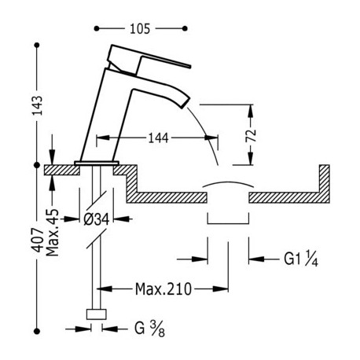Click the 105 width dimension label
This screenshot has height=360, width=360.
pos(140,28)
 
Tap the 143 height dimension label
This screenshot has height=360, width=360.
pos(37,105)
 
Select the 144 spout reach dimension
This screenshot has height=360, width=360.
pos(158,138)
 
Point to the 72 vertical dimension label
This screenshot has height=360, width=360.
pos(251,135)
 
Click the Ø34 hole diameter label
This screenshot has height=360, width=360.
pos(96,219)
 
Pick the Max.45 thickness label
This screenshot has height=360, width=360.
pos(53,233)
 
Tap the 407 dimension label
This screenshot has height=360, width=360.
pos(38,240)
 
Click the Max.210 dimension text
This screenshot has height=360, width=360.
pos(163,289)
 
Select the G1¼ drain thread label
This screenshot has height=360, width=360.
pos(301,259)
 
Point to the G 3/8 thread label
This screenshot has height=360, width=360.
pos(149,329)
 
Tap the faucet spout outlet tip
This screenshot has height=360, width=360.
pos(185,102)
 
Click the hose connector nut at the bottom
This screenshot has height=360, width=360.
pos(97,314)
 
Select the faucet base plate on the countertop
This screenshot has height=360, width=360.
pos(97,163)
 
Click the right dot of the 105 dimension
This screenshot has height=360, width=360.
pos(185,28)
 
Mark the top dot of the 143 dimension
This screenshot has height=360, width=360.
pos(37,46)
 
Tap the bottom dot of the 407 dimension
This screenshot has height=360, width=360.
pos(37,331)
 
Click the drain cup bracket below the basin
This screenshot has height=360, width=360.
pos(228,224)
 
